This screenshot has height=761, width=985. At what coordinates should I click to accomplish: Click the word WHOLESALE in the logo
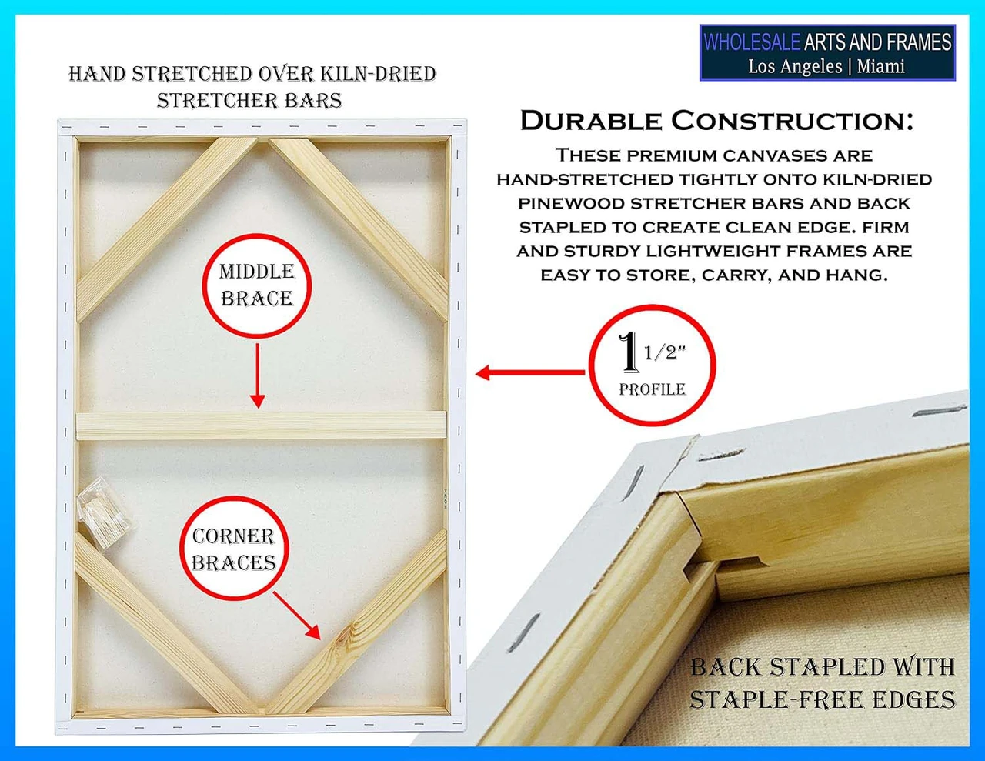tap(751, 42)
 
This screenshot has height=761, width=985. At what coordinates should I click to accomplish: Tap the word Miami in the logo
tap(881, 67)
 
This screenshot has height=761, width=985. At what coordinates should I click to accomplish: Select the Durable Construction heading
tap(716, 121)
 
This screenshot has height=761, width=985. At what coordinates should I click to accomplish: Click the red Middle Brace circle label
tap(256, 285)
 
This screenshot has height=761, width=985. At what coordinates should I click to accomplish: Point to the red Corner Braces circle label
tap(234, 549)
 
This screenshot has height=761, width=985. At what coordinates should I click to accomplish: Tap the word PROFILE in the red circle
tap(653, 389)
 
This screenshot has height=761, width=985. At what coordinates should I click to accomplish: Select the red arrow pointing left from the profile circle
tap(530, 372)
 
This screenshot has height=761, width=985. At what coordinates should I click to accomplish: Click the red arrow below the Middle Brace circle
tap(258, 375)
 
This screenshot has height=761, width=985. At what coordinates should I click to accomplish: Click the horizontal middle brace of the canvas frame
tap(261, 425)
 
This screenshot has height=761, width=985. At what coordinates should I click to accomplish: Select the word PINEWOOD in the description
tap(572, 203)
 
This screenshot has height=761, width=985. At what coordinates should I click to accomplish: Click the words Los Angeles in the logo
tap(795, 67)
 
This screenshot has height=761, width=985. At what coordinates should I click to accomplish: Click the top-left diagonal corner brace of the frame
tap(167, 229)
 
